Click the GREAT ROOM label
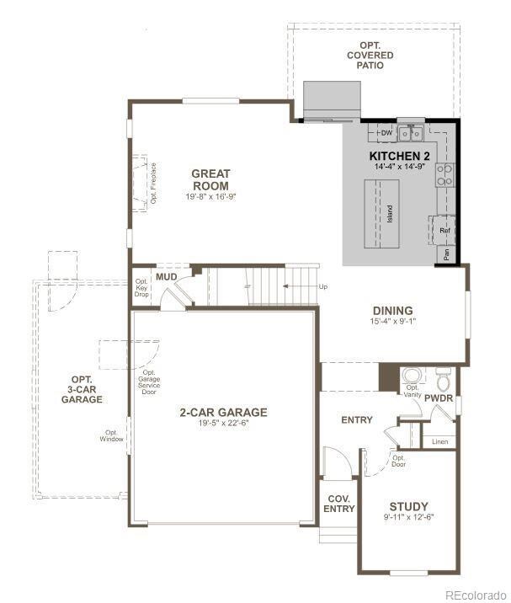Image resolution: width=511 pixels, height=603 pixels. [x=210, y=179]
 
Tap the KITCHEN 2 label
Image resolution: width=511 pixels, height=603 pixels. [x=400, y=157]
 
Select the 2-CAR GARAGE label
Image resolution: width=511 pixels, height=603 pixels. [x=223, y=412]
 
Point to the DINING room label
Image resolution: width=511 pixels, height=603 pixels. [x=392, y=311]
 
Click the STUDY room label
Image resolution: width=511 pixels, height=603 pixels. [x=408, y=506]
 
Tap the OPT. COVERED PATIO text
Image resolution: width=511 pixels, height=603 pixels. [x=375, y=55]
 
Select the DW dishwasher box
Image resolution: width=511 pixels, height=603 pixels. [x=386, y=133]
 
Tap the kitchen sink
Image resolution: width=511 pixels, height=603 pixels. [x=411, y=132]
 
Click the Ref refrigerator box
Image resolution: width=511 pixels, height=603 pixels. [x=444, y=230]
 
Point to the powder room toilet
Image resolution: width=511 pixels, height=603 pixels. [x=444, y=376]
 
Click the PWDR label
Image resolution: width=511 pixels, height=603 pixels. [x=439, y=397]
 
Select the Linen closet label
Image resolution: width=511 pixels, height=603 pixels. [x=439, y=441]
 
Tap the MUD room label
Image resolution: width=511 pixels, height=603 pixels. [x=166, y=277]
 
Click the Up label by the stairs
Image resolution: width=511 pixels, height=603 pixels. [x=323, y=286]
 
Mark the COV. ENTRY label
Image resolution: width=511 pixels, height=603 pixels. [x=339, y=503]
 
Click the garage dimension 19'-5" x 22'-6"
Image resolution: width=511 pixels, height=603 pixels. [x=223, y=424]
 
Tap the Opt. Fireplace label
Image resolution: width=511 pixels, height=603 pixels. [x=154, y=183]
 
